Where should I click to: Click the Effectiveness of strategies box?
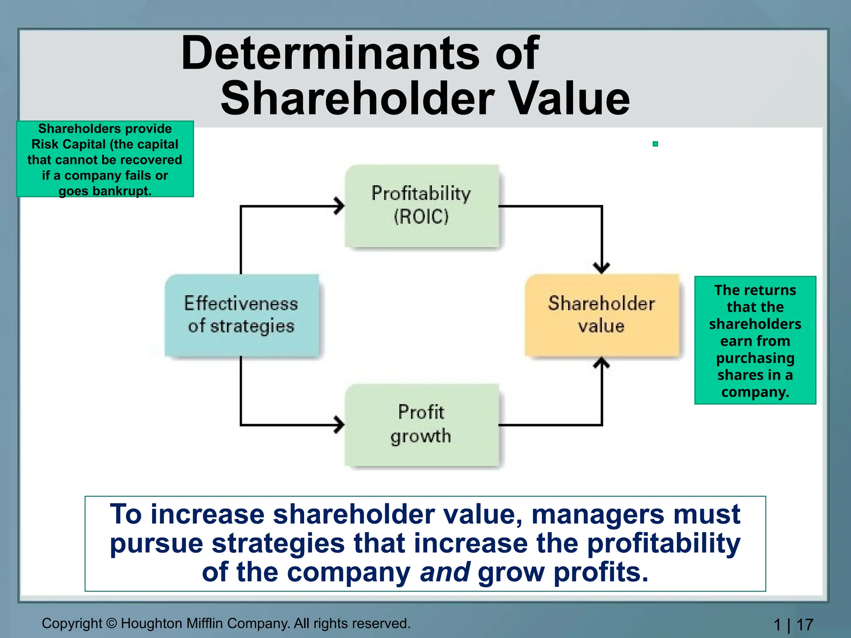[x=241, y=315]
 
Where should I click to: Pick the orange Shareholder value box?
[x=602, y=315]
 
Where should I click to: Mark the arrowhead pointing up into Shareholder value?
[x=602, y=363]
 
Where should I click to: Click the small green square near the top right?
[x=655, y=144]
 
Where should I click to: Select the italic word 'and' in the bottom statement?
[x=445, y=572]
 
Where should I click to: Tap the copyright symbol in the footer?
[x=111, y=623]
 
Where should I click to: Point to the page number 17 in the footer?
[x=805, y=625]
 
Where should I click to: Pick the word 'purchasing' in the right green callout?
[x=755, y=358]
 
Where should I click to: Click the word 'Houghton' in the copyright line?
[x=152, y=623]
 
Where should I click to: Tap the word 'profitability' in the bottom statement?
[x=664, y=543]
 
